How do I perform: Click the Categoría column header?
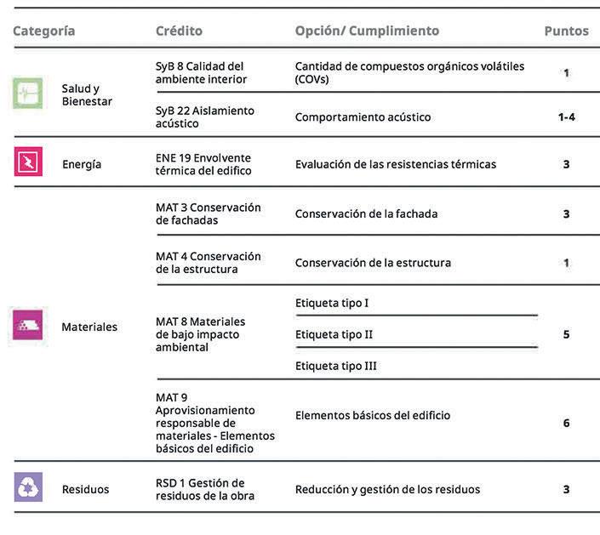pyautogui.click(x=43, y=31)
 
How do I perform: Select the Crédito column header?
pyautogui.click(x=179, y=31)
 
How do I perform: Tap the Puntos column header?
pyautogui.click(x=566, y=31)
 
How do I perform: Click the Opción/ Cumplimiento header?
pyautogui.click(x=367, y=31)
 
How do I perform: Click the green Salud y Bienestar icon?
pyautogui.click(x=28, y=93)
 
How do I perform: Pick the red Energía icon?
pyautogui.click(x=28, y=162)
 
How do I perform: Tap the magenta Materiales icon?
pyautogui.click(x=28, y=325)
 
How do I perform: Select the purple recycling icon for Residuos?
pyautogui.click(x=28, y=487)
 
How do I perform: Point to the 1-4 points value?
pyautogui.click(x=566, y=117)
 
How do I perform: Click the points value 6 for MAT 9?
pyautogui.click(x=566, y=423)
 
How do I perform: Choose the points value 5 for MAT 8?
pyautogui.click(x=566, y=334)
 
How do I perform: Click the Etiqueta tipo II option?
pyautogui.click(x=334, y=334)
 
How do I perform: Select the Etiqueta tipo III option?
pyautogui.click(x=335, y=366)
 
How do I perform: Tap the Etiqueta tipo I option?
pyautogui.click(x=332, y=303)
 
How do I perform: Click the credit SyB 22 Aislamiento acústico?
pyautogui.click(x=204, y=117)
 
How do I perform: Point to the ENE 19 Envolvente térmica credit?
pyautogui.click(x=204, y=163)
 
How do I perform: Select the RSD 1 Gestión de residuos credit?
pyautogui.click(x=204, y=489)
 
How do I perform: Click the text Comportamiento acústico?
pyautogui.click(x=363, y=117)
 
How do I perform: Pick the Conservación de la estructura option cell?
pyautogui.click(x=373, y=262)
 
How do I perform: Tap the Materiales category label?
pyautogui.click(x=89, y=327)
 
